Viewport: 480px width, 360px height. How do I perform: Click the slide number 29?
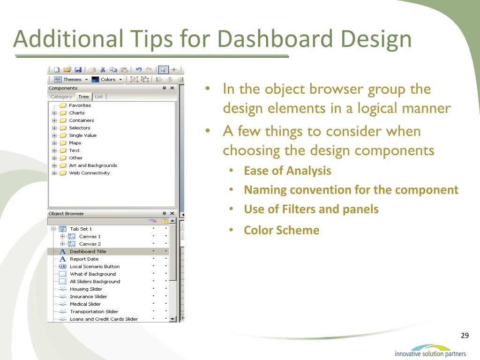(x=465, y=336)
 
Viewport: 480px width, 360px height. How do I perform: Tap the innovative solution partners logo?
(x=430, y=351)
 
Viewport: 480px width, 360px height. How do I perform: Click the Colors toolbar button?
(x=107, y=80)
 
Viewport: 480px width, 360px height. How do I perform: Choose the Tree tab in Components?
(x=83, y=97)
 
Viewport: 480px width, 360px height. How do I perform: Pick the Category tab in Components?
(x=61, y=97)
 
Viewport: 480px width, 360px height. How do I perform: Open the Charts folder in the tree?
(x=76, y=112)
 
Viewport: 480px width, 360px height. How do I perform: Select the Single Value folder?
(x=82, y=135)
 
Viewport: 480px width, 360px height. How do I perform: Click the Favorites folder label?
(x=80, y=105)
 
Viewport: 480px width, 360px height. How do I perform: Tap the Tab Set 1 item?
(x=81, y=229)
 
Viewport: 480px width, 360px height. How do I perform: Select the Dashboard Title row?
(x=88, y=252)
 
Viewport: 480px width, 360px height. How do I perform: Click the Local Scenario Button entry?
(x=95, y=267)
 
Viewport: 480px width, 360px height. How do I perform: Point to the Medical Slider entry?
(x=85, y=304)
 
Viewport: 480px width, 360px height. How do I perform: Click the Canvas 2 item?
(x=90, y=244)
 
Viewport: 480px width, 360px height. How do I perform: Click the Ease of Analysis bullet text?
(x=287, y=171)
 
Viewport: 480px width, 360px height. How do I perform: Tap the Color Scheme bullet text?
(x=282, y=230)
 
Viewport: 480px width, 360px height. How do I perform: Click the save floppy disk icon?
(x=78, y=70)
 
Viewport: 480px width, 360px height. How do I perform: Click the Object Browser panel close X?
(x=172, y=213)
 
